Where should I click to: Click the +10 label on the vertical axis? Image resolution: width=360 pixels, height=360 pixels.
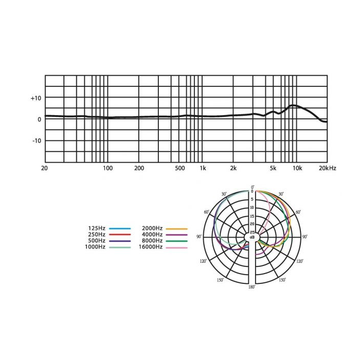pyautogui.click(x=36, y=98)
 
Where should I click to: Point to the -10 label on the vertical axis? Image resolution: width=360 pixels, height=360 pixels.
pyautogui.click(x=37, y=140)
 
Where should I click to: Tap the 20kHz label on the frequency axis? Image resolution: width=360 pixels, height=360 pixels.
pyautogui.click(x=328, y=168)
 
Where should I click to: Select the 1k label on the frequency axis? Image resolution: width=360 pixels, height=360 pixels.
pyautogui.click(x=203, y=168)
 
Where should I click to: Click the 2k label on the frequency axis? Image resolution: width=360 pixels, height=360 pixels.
pyautogui.click(x=233, y=168)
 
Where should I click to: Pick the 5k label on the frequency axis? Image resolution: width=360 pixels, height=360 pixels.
pyautogui.click(x=273, y=168)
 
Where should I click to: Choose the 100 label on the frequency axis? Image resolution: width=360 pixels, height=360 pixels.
pyautogui.click(x=107, y=168)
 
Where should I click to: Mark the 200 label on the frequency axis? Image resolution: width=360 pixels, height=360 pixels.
pyautogui.click(x=139, y=168)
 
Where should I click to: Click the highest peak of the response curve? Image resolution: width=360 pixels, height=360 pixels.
pyautogui.click(x=293, y=105)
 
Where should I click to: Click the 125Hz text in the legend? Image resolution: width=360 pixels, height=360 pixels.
pyautogui.click(x=97, y=228)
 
